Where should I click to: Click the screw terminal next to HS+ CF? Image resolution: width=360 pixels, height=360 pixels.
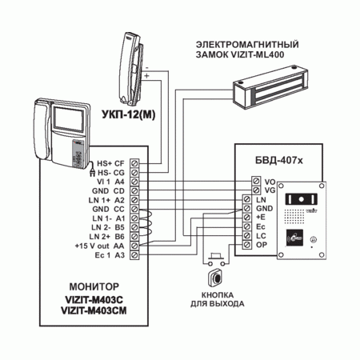pyautogui.click(x=134, y=163)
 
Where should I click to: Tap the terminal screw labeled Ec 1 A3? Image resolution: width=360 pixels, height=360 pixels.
pyautogui.click(x=134, y=255)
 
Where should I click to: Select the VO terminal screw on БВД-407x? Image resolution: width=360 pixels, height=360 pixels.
pyautogui.click(x=256, y=181)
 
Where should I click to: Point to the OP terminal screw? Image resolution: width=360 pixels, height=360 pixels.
pyautogui.click(x=247, y=245)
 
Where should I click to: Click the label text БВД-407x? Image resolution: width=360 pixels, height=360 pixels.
pyautogui.click(x=279, y=160)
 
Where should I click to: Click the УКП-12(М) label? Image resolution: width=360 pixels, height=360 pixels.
pyautogui.click(x=129, y=114)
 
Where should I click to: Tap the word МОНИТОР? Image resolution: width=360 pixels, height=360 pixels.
pyautogui.click(x=94, y=286)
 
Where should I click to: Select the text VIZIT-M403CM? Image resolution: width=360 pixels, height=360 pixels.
pyautogui.click(x=94, y=311)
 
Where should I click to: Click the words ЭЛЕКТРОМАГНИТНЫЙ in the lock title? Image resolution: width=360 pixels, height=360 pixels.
pyautogui.click(x=247, y=44)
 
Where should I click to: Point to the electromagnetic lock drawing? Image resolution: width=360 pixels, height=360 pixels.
pyautogui.click(x=270, y=86)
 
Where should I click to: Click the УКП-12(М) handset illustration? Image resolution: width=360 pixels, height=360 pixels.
pyautogui.click(x=131, y=69)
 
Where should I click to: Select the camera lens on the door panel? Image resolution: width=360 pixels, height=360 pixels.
pyautogui.click(x=302, y=199)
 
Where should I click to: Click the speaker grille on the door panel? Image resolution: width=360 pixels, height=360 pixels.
pyautogui.click(x=294, y=216)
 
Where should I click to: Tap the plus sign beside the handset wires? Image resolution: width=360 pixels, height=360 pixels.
pyautogui.click(x=146, y=76)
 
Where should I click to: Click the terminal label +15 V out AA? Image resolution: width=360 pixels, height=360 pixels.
pyautogui.click(x=100, y=246)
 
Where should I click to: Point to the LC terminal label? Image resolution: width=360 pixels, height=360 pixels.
pyautogui.click(x=261, y=236)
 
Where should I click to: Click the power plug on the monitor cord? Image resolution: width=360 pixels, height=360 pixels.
pyautogui.click(x=93, y=173)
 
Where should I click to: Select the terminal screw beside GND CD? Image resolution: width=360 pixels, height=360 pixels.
pyautogui.click(x=134, y=190)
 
